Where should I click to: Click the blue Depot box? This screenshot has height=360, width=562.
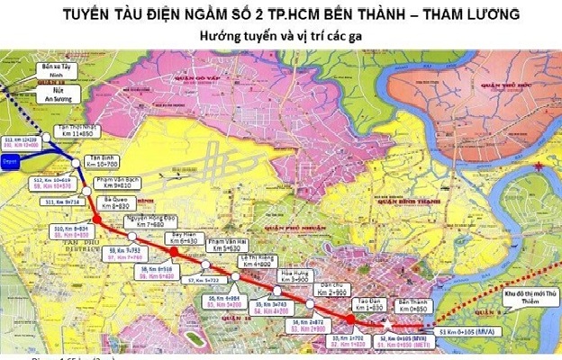(x=12, y=162)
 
